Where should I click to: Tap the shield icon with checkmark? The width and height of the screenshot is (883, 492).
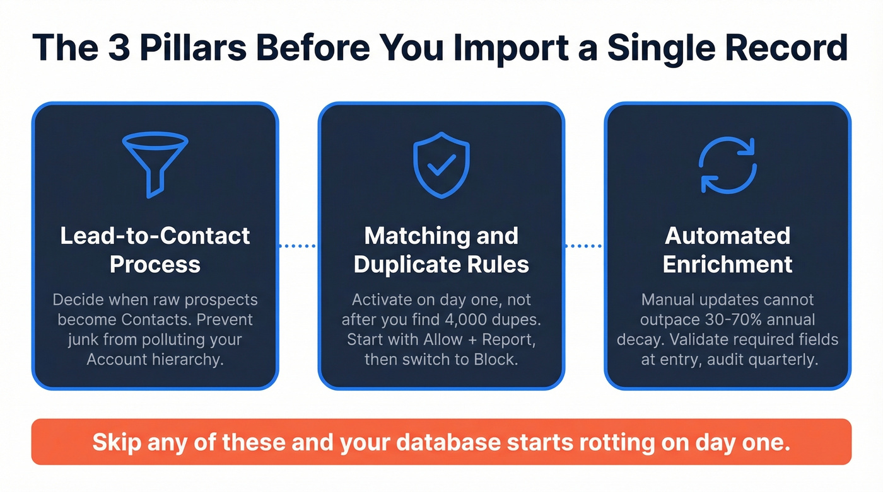tap(441, 165)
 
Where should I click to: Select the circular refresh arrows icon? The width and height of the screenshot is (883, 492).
tap(728, 165)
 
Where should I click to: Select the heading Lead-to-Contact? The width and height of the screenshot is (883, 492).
tap(155, 236)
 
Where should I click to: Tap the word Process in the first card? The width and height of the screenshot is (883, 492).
tap(155, 264)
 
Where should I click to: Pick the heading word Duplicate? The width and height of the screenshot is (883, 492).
tap(412, 264)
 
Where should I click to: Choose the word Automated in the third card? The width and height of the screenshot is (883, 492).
tap(728, 236)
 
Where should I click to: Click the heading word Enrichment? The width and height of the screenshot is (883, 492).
tap(728, 264)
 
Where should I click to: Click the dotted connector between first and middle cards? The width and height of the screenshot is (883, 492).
tap(298, 246)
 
